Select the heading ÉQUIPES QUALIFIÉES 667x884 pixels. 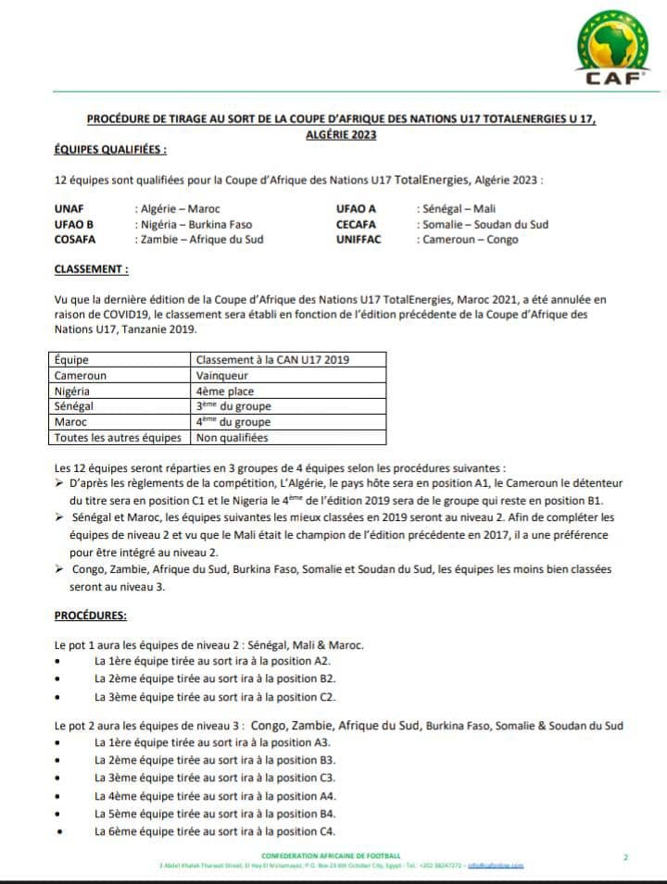(x=111, y=149)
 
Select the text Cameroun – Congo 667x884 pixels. (x=471, y=240)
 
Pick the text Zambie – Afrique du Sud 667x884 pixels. (x=202, y=240)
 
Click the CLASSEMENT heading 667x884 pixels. (x=92, y=268)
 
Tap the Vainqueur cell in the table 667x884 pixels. (x=220, y=376)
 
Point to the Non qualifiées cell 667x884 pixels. (x=232, y=437)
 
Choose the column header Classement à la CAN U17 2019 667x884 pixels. (x=273, y=360)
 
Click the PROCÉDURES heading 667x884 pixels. (x=91, y=615)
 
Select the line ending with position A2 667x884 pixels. (x=212, y=661)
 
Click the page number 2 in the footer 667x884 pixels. (x=626, y=857)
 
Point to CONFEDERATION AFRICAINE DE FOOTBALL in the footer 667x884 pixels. (x=332, y=855)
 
